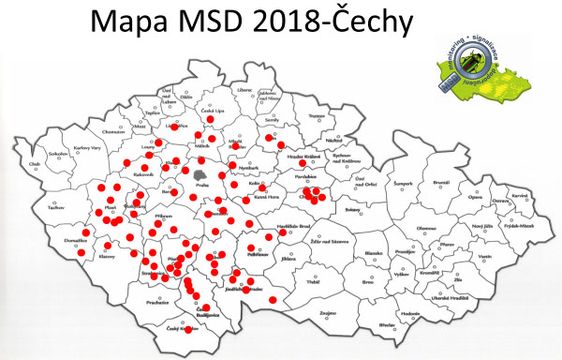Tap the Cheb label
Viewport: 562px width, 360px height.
click(36, 165)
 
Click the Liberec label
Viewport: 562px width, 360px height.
click(245, 90)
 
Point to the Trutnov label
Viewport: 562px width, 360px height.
click(315, 116)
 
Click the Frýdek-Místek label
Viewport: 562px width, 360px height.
click(515, 226)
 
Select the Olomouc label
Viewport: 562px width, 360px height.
click(426, 228)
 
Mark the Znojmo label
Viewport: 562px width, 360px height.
click(327, 311)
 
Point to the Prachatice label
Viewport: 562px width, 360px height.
click(155, 303)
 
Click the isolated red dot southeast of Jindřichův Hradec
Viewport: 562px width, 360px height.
click(272, 299)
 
